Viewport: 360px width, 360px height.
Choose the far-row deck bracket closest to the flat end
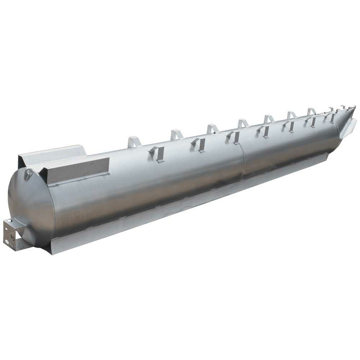(x=134, y=142)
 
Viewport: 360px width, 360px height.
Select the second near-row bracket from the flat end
(x=198, y=144)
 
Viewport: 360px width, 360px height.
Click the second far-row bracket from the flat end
(x=176, y=134)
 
